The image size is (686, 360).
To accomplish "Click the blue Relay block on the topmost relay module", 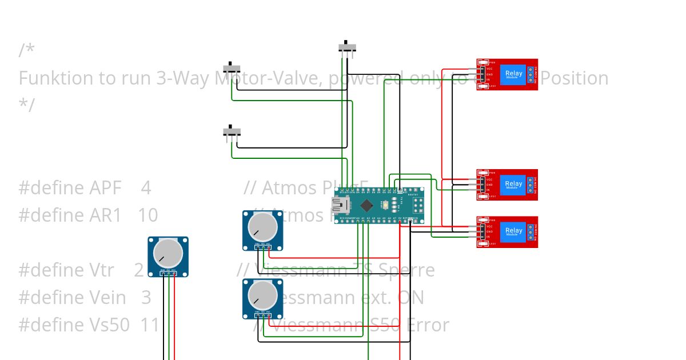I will click(513, 74).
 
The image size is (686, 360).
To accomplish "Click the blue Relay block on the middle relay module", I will click(513, 185).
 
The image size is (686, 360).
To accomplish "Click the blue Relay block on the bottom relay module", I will click(513, 231).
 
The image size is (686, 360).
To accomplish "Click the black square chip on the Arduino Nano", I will click(366, 205).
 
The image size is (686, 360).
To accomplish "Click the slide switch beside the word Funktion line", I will click(232, 68).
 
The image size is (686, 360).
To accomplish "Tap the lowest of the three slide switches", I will click(232, 132).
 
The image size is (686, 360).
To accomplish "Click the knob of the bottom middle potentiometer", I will click(263, 294).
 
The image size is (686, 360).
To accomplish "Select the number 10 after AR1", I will click(147, 215).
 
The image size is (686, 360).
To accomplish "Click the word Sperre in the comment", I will click(407, 270).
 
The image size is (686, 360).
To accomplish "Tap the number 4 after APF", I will click(146, 188).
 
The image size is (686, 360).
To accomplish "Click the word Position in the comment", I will click(574, 78).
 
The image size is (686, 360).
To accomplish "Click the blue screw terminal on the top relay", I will click(531, 74).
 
